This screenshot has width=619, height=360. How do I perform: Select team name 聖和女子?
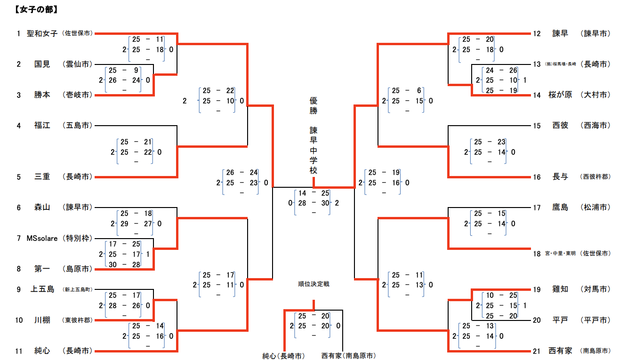[42, 33]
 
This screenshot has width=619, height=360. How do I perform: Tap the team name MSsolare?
[42, 238]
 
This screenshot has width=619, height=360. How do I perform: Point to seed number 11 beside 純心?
[19, 351]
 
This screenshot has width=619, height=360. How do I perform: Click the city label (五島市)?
[77, 126]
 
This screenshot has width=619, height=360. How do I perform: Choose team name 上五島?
[42, 289]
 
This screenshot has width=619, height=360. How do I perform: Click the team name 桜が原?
[560, 95]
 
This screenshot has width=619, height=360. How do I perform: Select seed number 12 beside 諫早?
[537, 33]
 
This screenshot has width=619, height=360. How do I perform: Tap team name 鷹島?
[560, 207]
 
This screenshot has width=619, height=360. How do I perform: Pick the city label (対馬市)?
[595, 289]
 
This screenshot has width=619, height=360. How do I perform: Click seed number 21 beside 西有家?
[537, 351]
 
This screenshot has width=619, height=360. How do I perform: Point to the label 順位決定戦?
[314, 284]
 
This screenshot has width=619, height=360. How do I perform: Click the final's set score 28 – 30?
[313, 203]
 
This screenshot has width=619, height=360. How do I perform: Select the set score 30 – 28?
[124, 264]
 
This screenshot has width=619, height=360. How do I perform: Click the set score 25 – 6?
[407, 90]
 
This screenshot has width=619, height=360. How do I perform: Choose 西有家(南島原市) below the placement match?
[348, 356]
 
